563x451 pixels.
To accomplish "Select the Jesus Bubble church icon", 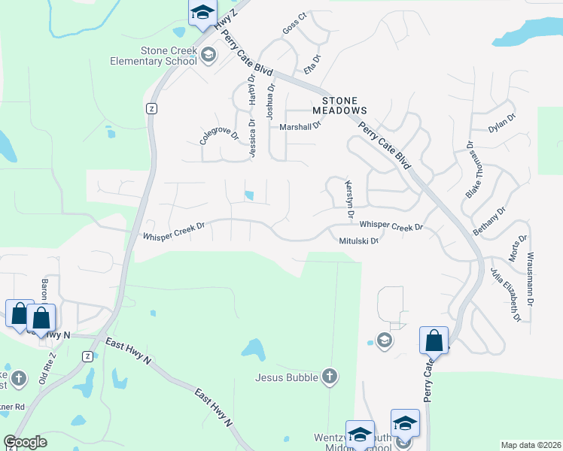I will coord(328,376).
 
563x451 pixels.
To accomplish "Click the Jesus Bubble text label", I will coord(287,377).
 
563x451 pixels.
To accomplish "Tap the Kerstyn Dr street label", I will coord(348,198).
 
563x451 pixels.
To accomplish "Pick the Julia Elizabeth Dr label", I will coord(505,294).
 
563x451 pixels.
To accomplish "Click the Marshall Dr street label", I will coord(300,127).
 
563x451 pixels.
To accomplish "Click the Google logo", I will coord(25,442).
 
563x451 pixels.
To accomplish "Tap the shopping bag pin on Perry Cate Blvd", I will coord(434,341).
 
